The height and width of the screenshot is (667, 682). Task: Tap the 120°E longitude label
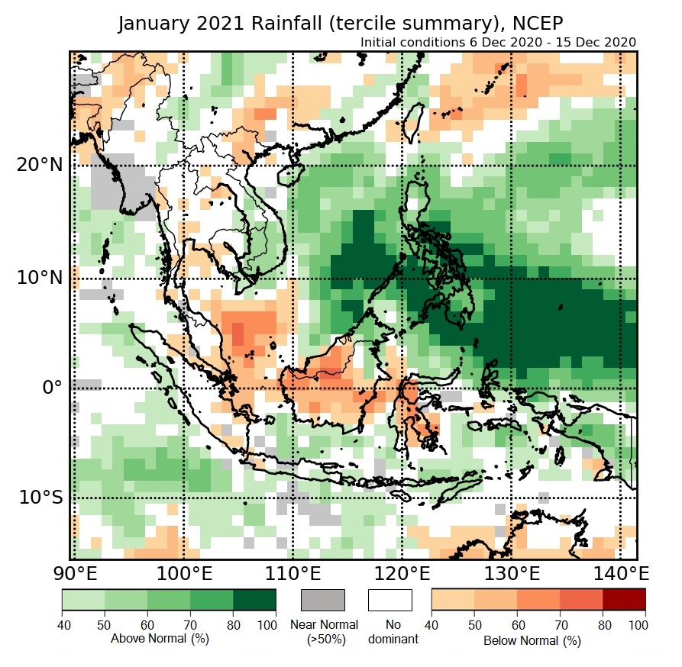click(x=400, y=573)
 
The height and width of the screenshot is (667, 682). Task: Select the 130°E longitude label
click(x=509, y=573)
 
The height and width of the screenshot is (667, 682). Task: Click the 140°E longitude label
click(x=616, y=573)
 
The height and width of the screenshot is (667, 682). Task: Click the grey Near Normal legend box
click(x=323, y=600)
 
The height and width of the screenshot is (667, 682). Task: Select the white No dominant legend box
click(x=389, y=600)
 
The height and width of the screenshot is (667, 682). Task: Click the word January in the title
click(x=153, y=24)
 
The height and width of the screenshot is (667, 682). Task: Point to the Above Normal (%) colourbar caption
click(x=160, y=638)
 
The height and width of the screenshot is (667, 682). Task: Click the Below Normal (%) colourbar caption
click(x=532, y=640)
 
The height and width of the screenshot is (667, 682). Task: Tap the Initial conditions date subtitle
click(x=498, y=42)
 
